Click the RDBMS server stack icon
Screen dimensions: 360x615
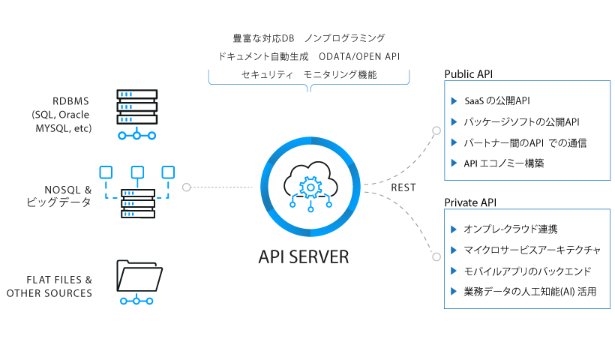pyautogui.click(x=137, y=107)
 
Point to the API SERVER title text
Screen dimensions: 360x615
pyautogui.click(x=304, y=256)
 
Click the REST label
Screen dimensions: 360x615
pyautogui.click(x=403, y=187)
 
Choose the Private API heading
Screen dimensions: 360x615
pyautogui.click(x=470, y=202)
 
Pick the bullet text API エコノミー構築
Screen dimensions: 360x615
pyautogui.click(x=504, y=163)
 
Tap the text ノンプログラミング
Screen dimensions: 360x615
pyautogui.click(x=344, y=37)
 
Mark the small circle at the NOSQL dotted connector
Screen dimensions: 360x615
pyautogui.click(x=186, y=187)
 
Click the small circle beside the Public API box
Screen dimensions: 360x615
pyautogui.click(x=436, y=130)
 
